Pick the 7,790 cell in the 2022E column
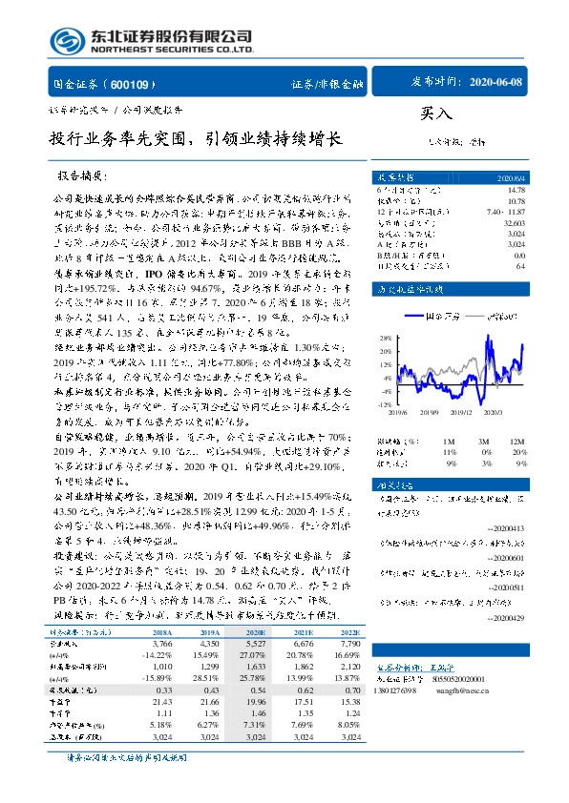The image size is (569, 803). coord(349,644)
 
